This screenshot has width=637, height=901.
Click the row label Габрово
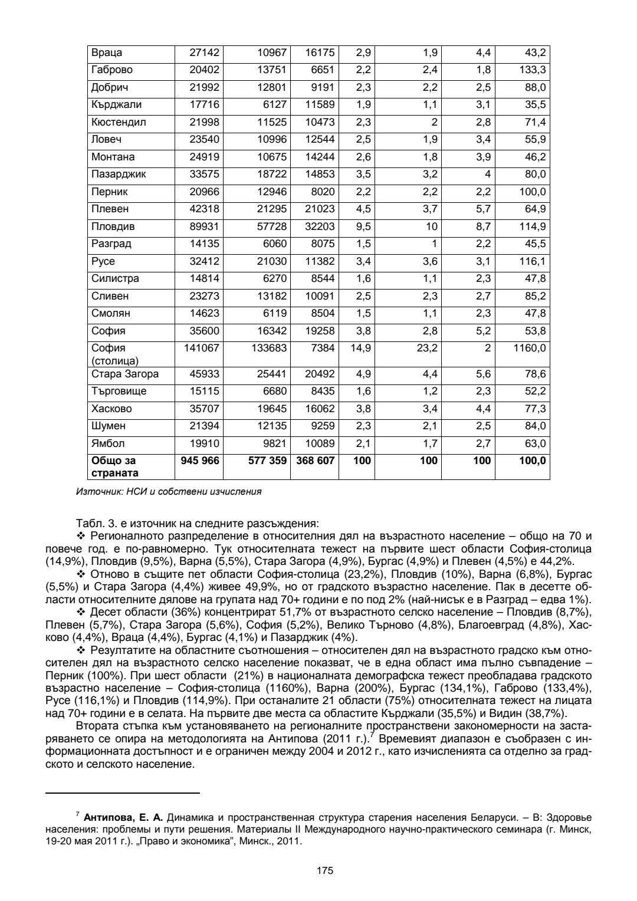click(112, 70)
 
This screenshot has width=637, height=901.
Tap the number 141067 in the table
click(202, 348)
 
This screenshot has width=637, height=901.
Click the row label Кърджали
click(116, 105)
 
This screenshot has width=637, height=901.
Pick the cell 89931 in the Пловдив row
click(204, 226)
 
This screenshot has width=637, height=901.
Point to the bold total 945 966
click(198, 461)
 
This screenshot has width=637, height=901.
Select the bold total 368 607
click(315, 461)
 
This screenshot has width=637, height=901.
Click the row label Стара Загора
click(125, 374)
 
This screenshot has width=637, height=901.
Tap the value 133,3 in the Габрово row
click(533, 70)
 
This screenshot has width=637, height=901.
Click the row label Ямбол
click(108, 443)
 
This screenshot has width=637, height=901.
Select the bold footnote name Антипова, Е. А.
click(123, 818)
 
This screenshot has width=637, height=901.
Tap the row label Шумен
click(109, 426)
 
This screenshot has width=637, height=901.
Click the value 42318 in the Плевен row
click(204, 209)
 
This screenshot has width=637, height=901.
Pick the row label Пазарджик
click(119, 175)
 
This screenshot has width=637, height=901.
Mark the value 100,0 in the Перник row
click(533, 192)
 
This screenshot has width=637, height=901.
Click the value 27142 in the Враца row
click(204, 53)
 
